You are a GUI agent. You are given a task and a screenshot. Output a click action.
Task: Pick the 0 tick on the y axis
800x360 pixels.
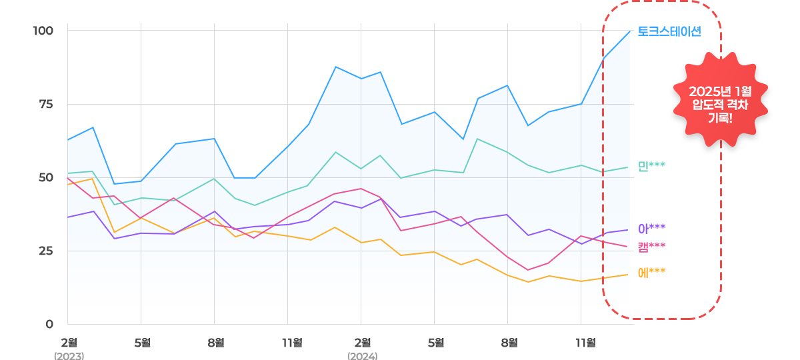click(49, 325)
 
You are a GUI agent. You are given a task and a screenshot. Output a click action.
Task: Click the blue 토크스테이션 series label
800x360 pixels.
click(669, 31)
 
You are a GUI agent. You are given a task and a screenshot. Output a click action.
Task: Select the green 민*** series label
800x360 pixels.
click(651, 166)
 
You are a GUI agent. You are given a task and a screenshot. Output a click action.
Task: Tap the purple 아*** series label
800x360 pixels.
click(651, 229)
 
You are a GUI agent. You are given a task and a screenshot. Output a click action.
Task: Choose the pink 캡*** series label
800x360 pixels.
click(651, 247)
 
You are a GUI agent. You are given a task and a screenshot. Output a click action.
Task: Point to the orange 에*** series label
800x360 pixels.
click(651, 272)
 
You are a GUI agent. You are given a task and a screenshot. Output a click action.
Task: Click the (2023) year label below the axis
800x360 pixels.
click(69, 356)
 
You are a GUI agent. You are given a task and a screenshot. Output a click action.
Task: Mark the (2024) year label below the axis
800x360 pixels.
click(362, 356)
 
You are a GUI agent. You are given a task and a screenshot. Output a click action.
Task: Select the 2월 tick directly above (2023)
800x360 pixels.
click(69, 343)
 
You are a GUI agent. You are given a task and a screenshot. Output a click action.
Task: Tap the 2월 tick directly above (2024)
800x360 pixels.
click(362, 343)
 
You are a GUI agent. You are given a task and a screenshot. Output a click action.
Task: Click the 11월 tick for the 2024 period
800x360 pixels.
click(585, 343)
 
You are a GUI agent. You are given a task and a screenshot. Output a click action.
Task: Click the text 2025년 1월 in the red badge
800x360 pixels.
click(720, 91)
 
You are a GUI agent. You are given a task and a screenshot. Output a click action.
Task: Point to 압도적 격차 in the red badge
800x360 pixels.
click(720, 105)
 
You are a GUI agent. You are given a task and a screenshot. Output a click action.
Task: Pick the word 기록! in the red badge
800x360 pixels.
click(720, 119)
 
